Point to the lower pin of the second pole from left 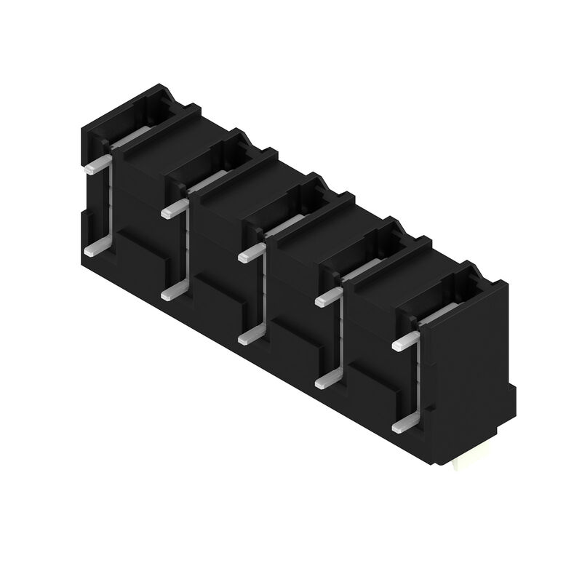172,292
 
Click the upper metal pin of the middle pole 250,254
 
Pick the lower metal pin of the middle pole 250,336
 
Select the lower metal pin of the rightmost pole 404,423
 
